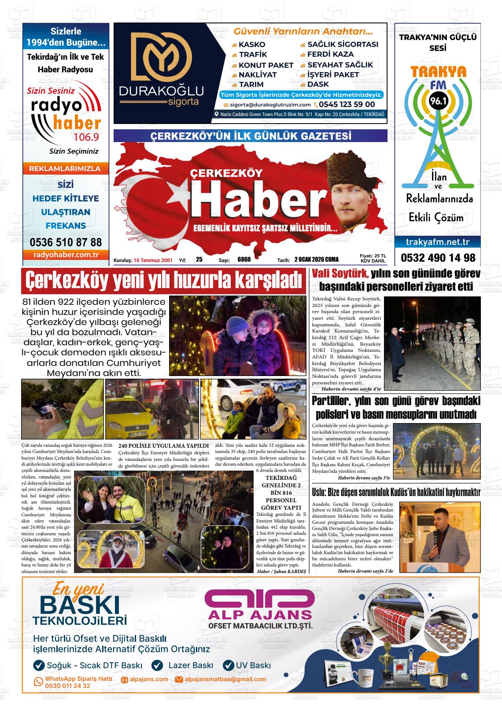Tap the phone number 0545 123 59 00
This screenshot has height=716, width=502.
(347, 105)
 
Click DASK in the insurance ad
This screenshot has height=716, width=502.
(318, 84)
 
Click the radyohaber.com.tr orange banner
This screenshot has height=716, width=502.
(66, 255)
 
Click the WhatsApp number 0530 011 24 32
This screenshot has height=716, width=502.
(68, 686)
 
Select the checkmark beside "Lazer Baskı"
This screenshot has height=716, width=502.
(157, 665)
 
